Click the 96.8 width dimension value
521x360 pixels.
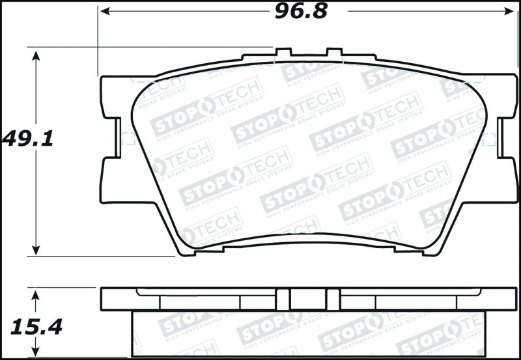(300, 11)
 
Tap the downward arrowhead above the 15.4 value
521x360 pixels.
(36, 296)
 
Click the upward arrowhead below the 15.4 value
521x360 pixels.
(36, 352)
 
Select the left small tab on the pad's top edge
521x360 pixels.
(283, 53)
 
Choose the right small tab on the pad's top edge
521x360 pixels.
(333, 53)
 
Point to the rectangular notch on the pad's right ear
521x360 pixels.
(502, 138)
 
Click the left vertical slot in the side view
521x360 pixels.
(281, 299)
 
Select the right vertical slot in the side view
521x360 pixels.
(333, 299)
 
